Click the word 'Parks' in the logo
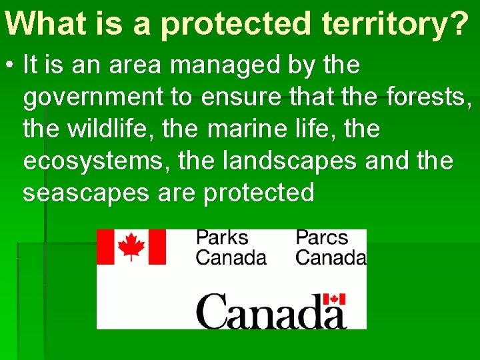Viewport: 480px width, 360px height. (x=221, y=238)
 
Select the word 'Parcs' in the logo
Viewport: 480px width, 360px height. (x=322, y=238)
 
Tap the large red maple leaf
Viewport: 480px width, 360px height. (x=131, y=247)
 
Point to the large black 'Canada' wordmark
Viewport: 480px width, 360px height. (x=271, y=311)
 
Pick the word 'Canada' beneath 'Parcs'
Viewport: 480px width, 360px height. (x=331, y=257)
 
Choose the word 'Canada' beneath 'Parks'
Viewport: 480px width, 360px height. (x=231, y=257)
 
